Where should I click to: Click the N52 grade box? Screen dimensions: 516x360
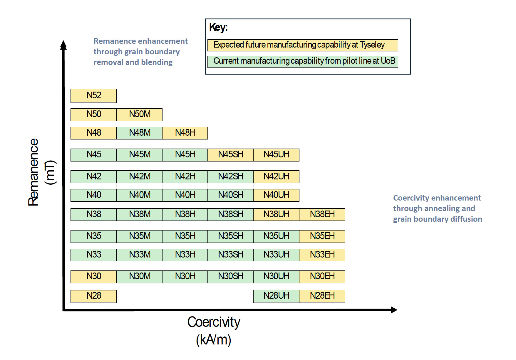(x=93, y=96)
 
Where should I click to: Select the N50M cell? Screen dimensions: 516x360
(x=139, y=115)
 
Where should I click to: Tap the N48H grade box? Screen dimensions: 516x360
(x=185, y=133)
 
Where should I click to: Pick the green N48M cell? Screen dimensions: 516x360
(x=139, y=133)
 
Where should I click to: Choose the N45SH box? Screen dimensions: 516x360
(x=231, y=155)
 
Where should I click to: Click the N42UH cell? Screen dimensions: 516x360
(x=276, y=177)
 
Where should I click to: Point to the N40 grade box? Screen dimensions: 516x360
(x=93, y=195)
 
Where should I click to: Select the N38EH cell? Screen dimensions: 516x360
(x=322, y=215)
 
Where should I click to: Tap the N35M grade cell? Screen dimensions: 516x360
(x=139, y=236)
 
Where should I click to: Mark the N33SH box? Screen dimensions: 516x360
(x=231, y=255)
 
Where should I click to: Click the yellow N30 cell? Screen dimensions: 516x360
(x=93, y=277)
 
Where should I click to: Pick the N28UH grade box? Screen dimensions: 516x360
(x=276, y=296)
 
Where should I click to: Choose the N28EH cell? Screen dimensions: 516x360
(x=322, y=296)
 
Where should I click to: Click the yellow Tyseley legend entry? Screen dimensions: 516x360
(x=303, y=45)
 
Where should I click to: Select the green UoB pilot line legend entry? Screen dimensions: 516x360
(x=303, y=61)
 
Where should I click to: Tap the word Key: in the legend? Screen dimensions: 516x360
(x=218, y=27)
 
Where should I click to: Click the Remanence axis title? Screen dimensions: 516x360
(x=41, y=172)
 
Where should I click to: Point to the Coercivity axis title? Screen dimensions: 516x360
(x=214, y=331)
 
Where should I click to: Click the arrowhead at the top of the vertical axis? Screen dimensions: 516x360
(x=63, y=45)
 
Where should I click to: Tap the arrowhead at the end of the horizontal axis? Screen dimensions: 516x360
(x=394, y=310)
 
